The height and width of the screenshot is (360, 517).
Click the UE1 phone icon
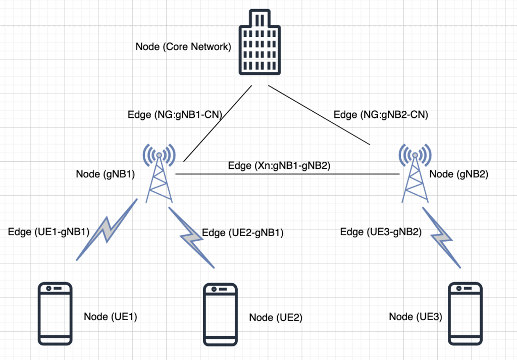click(x=56, y=313)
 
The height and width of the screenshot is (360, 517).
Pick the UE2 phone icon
click(x=221, y=314)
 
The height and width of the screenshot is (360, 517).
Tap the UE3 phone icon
click(x=465, y=313)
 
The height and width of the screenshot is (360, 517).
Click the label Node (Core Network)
click(x=183, y=47)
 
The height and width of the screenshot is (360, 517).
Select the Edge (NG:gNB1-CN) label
click(x=176, y=115)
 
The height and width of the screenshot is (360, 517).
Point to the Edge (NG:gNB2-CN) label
click(x=381, y=115)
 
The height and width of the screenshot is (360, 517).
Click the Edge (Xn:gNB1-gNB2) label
click(x=279, y=165)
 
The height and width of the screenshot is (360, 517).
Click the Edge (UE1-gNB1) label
click(x=48, y=232)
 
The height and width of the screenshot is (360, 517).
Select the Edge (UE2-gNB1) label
click(x=242, y=233)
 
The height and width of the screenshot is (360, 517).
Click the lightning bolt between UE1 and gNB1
click(x=107, y=230)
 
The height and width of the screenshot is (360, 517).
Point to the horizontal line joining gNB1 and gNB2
click(x=288, y=174)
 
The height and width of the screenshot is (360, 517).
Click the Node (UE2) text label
click(x=275, y=318)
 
